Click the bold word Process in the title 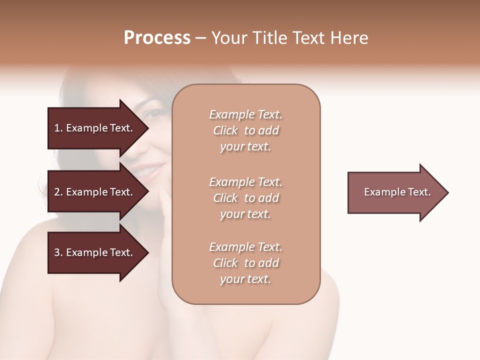click(157, 38)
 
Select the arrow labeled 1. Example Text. click(95, 128)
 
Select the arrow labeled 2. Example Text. click(95, 192)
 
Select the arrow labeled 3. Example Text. click(95, 252)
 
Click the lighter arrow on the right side click(395, 192)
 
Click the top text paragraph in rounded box click(245, 130)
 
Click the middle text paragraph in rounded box click(245, 198)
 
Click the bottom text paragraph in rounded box click(245, 263)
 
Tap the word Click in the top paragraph click(225, 130)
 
